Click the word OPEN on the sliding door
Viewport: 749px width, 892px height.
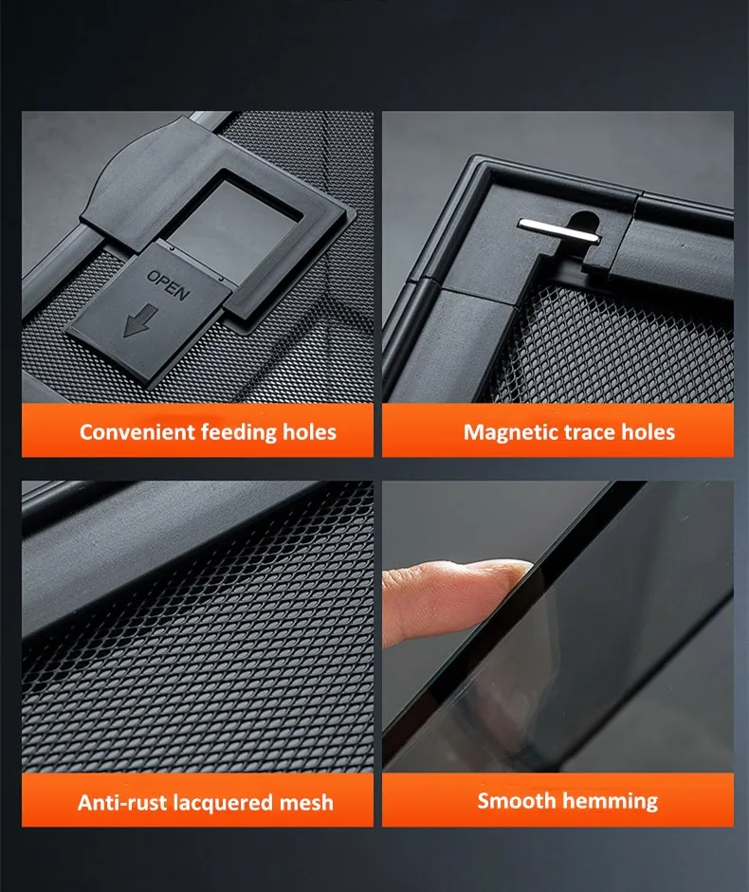pyautogui.click(x=168, y=284)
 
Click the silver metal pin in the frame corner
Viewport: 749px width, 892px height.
pyautogui.click(x=558, y=231)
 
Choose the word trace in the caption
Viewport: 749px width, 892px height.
pyautogui.click(x=589, y=432)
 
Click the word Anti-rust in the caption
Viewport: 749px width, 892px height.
pyautogui.click(x=122, y=803)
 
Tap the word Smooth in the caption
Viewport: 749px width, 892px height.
pyautogui.click(x=516, y=801)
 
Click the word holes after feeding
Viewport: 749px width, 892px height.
pyautogui.click(x=309, y=431)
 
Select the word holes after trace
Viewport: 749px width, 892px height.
pyautogui.click(x=648, y=431)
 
